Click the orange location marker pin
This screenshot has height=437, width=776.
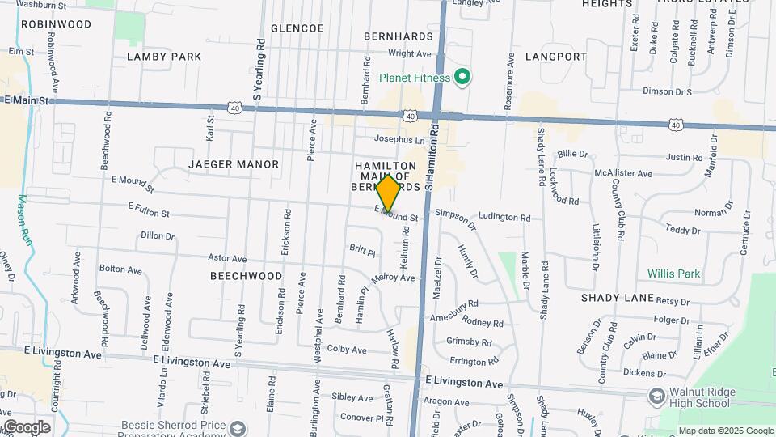[388, 193]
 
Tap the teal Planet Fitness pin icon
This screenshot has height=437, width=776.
[462, 78]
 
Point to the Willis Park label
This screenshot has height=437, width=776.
[673, 274]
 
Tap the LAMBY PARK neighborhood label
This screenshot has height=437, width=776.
[164, 57]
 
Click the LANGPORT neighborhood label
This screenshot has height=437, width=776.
[555, 57]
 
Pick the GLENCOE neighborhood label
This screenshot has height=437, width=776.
[297, 28]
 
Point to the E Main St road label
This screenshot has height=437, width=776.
[27, 100]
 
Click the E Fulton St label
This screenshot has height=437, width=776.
[148, 210]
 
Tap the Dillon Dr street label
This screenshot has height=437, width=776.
[158, 235]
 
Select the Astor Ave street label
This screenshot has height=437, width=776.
[227, 258]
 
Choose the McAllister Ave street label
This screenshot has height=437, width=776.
[622, 173]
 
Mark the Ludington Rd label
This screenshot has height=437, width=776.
[504, 217]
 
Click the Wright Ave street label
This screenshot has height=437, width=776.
[410, 53]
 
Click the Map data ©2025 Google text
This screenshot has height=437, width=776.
[725, 431]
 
